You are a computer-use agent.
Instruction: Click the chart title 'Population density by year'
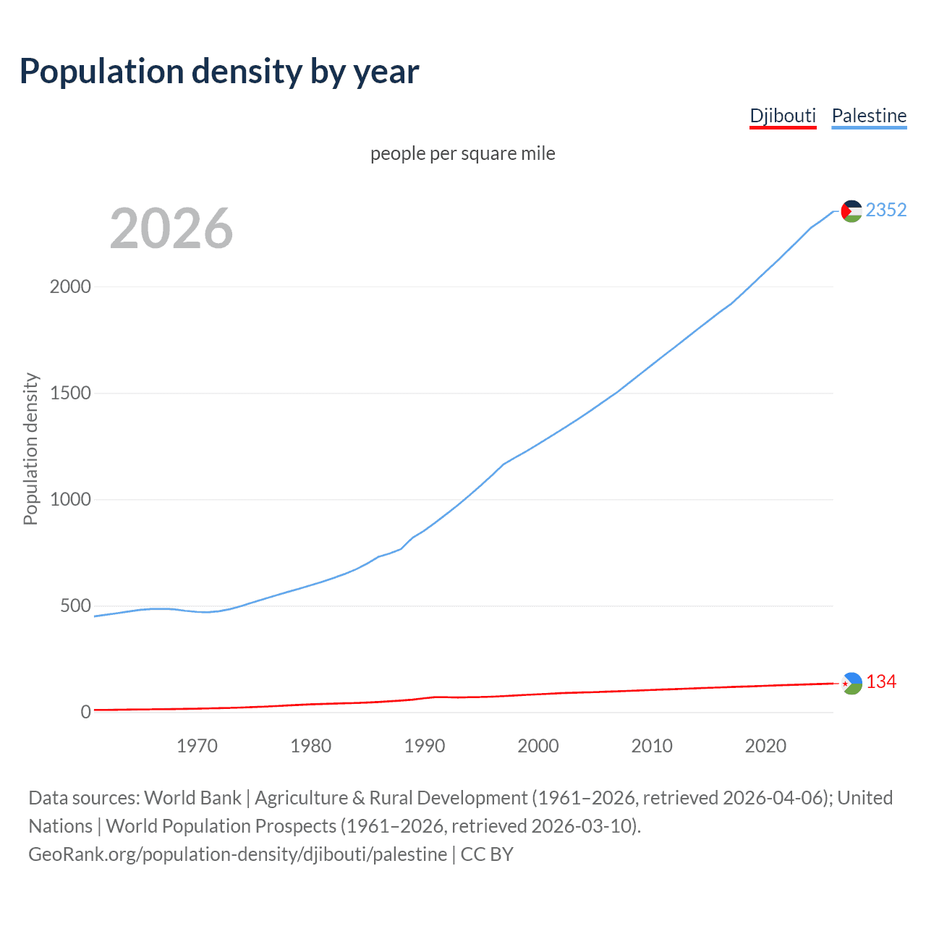pyautogui.click(x=219, y=72)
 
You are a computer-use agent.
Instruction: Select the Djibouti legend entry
pyautogui.click(x=783, y=116)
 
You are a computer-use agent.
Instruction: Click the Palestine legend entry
pyautogui.click(x=869, y=116)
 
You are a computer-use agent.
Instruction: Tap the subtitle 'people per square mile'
pyautogui.click(x=462, y=153)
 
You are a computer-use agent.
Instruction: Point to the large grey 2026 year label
pyautogui.click(x=171, y=229)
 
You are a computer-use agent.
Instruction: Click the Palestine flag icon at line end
pyautogui.click(x=851, y=211)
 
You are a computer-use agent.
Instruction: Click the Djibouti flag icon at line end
pyautogui.click(x=852, y=683)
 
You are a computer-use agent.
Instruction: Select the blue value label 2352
pyautogui.click(x=885, y=210)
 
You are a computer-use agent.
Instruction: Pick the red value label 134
pyautogui.click(x=881, y=682)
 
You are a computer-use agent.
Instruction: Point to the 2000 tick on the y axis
pyautogui.click(x=70, y=286)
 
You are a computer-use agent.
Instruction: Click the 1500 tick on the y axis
pyautogui.click(x=70, y=393)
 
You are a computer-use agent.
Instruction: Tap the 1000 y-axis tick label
pyautogui.click(x=70, y=499)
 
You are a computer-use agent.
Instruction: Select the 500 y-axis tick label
pyautogui.click(x=75, y=606)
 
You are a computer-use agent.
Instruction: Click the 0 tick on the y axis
pyautogui.click(x=86, y=712)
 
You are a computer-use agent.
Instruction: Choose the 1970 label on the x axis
pyautogui.click(x=197, y=746)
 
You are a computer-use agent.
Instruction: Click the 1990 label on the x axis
pyautogui.click(x=425, y=746)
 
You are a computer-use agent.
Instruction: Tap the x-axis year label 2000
pyautogui.click(x=538, y=746)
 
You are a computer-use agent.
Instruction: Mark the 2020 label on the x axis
pyautogui.click(x=765, y=746)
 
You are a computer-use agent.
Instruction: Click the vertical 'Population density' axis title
pyautogui.click(x=30, y=449)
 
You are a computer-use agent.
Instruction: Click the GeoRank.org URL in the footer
pyautogui.click(x=237, y=854)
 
